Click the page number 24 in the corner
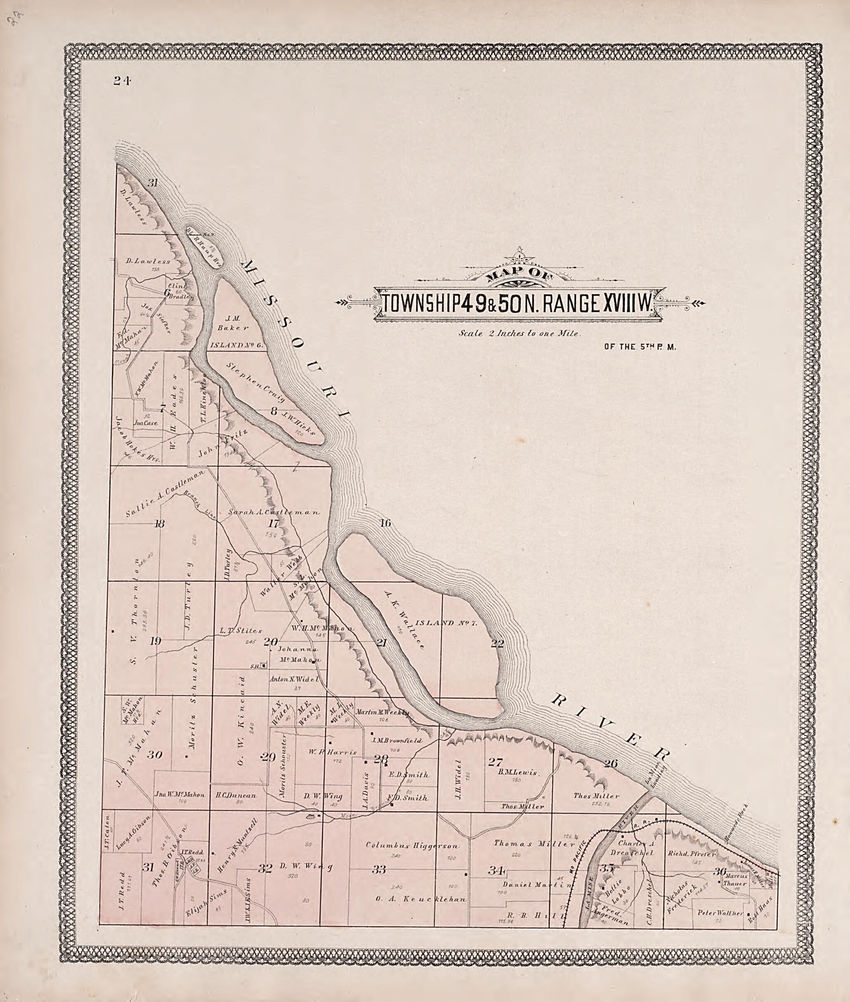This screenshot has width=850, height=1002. click(x=122, y=81)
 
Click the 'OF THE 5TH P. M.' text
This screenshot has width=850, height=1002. click(x=640, y=346)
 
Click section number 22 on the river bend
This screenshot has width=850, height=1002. click(x=497, y=643)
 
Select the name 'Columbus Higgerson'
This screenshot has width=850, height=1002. click(x=412, y=846)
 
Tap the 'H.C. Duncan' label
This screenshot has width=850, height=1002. click(x=236, y=795)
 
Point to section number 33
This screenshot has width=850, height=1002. click(x=379, y=870)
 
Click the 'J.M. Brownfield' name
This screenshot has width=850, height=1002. click(x=397, y=740)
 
